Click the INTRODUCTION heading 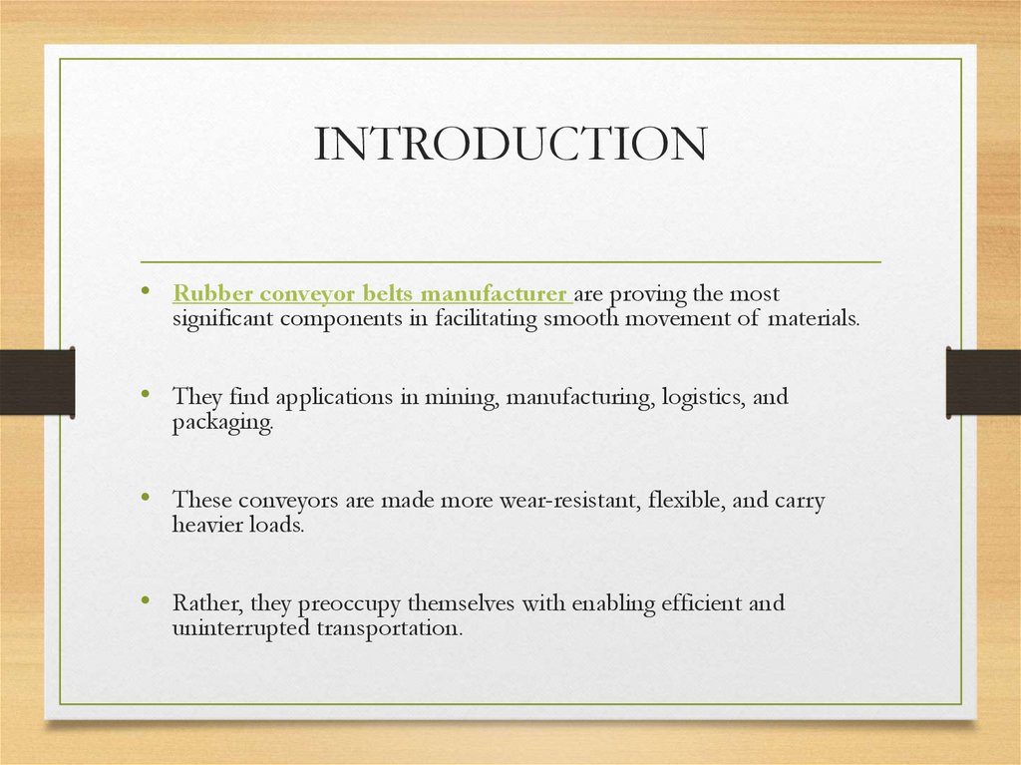[510, 146]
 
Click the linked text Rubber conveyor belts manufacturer [370, 294]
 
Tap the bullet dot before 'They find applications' [147, 394]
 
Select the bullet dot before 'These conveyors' [147, 498]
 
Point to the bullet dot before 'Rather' [147, 600]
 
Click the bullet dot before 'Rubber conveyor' [147, 291]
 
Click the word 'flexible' [686, 501]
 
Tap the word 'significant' [223, 318]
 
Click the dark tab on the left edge [37, 382]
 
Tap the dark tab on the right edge [983, 382]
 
